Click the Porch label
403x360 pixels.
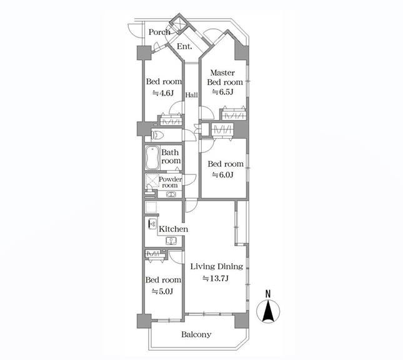(159, 32)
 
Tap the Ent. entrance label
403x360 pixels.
(184, 46)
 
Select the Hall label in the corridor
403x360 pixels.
(191, 95)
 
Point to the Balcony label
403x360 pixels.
(196, 334)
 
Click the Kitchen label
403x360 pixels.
(174, 229)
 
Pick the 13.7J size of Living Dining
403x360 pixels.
(216, 278)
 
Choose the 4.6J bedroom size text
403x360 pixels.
(163, 93)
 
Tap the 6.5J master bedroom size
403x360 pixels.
(222, 92)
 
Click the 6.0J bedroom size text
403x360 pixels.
(222, 175)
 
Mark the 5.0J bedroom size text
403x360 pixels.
(162, 291)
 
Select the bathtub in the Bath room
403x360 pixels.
(152, 158)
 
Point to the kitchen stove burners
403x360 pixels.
(152, 224)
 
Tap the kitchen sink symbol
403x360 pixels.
(171, 241)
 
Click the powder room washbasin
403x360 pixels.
(170, 194)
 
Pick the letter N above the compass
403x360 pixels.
(268, 294)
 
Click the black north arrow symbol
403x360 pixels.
(268, 311)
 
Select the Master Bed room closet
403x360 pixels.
(234, 114)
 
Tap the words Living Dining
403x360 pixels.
(217, 267)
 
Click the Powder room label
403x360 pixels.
(170, 182)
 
